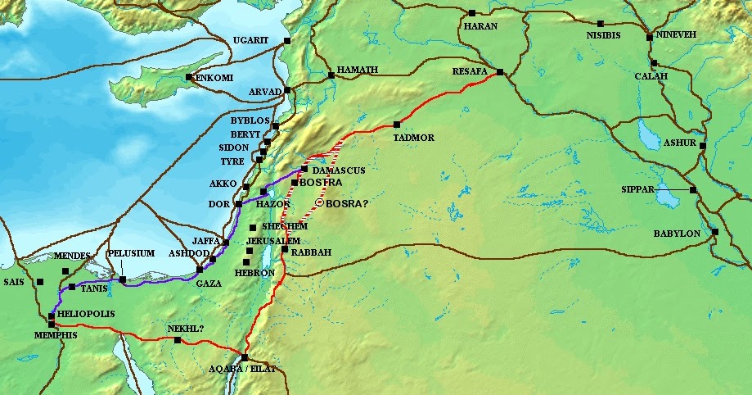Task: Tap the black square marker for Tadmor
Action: coord(396,125)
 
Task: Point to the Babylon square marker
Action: coord(715,232)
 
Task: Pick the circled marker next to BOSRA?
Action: coord(320,203)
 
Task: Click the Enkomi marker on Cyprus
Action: coord(189,77)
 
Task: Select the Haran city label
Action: coord(480,26)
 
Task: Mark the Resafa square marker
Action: coord(499,73)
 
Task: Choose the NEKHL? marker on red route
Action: coord(178,340)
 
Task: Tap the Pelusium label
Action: coord(132,253)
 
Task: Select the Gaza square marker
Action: coord(200,270)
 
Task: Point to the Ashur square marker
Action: coord(702,145)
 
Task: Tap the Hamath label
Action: coord(358,70)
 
